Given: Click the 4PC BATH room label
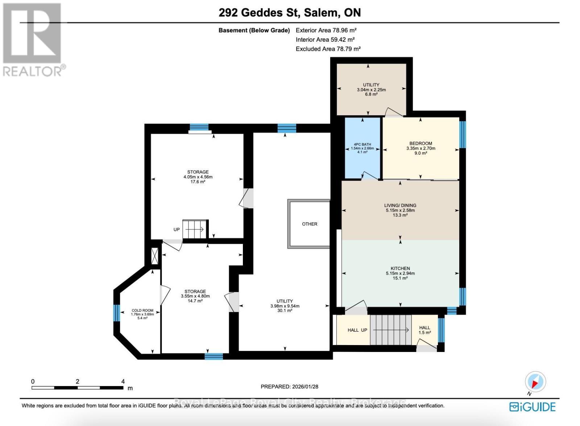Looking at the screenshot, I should click(362, 144).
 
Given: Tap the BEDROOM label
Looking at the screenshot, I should click(420, 143).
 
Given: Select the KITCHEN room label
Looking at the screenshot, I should click(400, 268).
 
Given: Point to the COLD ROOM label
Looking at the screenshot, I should click(142, 311).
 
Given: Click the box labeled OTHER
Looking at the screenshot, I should click(309, 224).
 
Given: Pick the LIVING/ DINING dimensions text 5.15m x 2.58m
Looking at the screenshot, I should click(400, 210).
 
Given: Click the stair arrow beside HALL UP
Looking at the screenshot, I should click(391, 330).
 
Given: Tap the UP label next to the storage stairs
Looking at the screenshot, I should click(177, 229).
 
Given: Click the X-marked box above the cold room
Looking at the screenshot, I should click(155, 256).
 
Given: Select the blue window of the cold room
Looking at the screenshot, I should click(116, 313).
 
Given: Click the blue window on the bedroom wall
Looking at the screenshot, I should click(463, 135).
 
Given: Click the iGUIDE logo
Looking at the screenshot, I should click(532, 407).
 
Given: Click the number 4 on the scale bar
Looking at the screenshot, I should click(123, 381).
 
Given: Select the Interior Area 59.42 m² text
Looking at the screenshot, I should click(325, 40).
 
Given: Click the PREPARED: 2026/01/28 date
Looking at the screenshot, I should click(289, 386).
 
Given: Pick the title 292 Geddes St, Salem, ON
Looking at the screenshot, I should click(290, 13).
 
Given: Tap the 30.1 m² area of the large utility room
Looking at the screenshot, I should click(285, 311).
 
